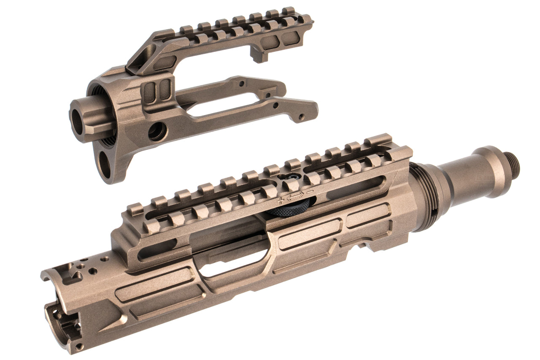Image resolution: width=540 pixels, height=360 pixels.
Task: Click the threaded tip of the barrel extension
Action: (x=514, y=164)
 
